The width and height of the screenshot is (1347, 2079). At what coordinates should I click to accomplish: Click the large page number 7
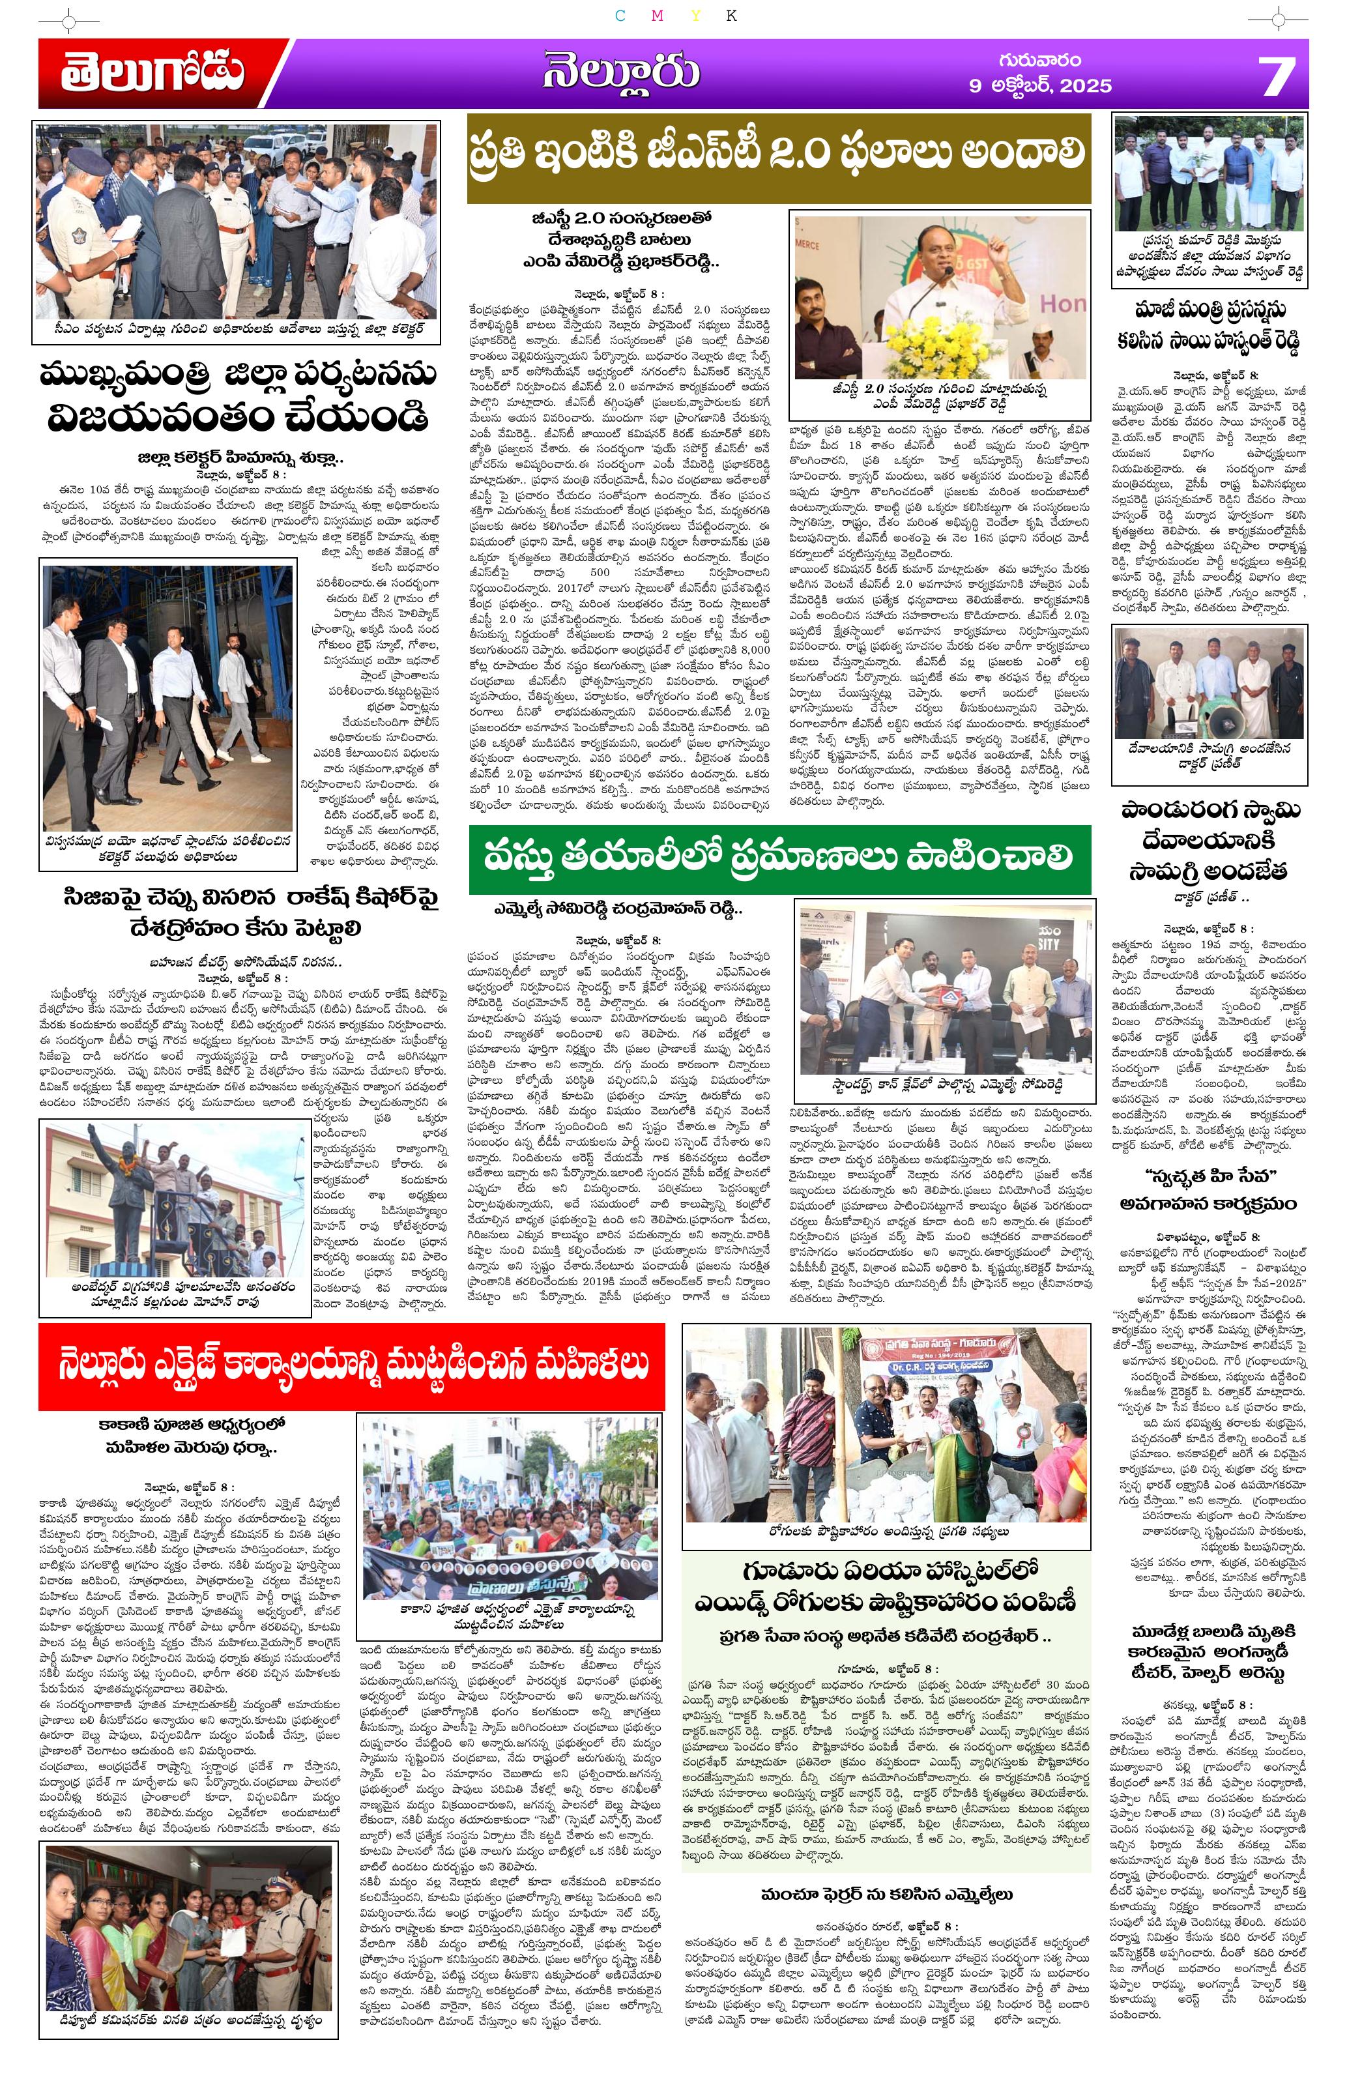point(1277,76)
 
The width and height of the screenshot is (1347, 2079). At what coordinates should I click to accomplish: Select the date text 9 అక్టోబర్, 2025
point(1039,85)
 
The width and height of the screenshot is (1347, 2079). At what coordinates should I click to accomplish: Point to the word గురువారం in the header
point(1039,60)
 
